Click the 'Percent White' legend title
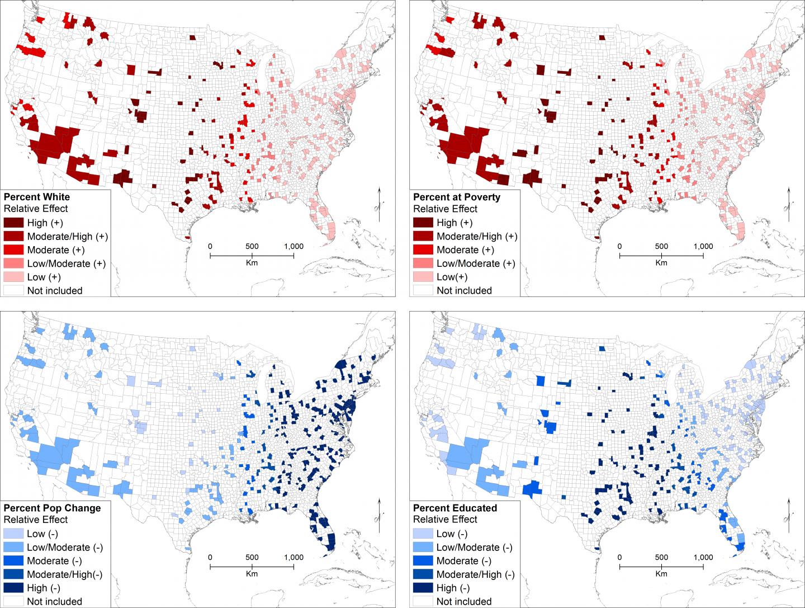[37, 197]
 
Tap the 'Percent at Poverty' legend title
[457, 197]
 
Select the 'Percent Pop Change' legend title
[52, 508]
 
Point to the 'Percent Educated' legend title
[455, 508]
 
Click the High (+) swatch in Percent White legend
[13, 223]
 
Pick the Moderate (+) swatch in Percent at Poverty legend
[423, 250]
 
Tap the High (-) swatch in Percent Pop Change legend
[13, 588]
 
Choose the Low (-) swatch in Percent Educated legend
[423, 534]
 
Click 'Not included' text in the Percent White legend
[55, 291]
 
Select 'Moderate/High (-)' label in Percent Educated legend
[476, 574]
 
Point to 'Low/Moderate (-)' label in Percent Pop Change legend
[65, 548]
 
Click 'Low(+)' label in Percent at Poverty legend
[452, 277]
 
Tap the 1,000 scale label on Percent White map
[293, 247]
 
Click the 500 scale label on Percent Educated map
[661, 557]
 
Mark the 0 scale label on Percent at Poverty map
[619, 247]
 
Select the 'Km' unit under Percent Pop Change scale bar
[252, 573]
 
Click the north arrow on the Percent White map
[379, 204]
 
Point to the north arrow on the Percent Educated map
[789, 515]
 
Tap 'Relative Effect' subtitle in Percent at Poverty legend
[445, 209]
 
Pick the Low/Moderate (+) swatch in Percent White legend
[13, 263]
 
